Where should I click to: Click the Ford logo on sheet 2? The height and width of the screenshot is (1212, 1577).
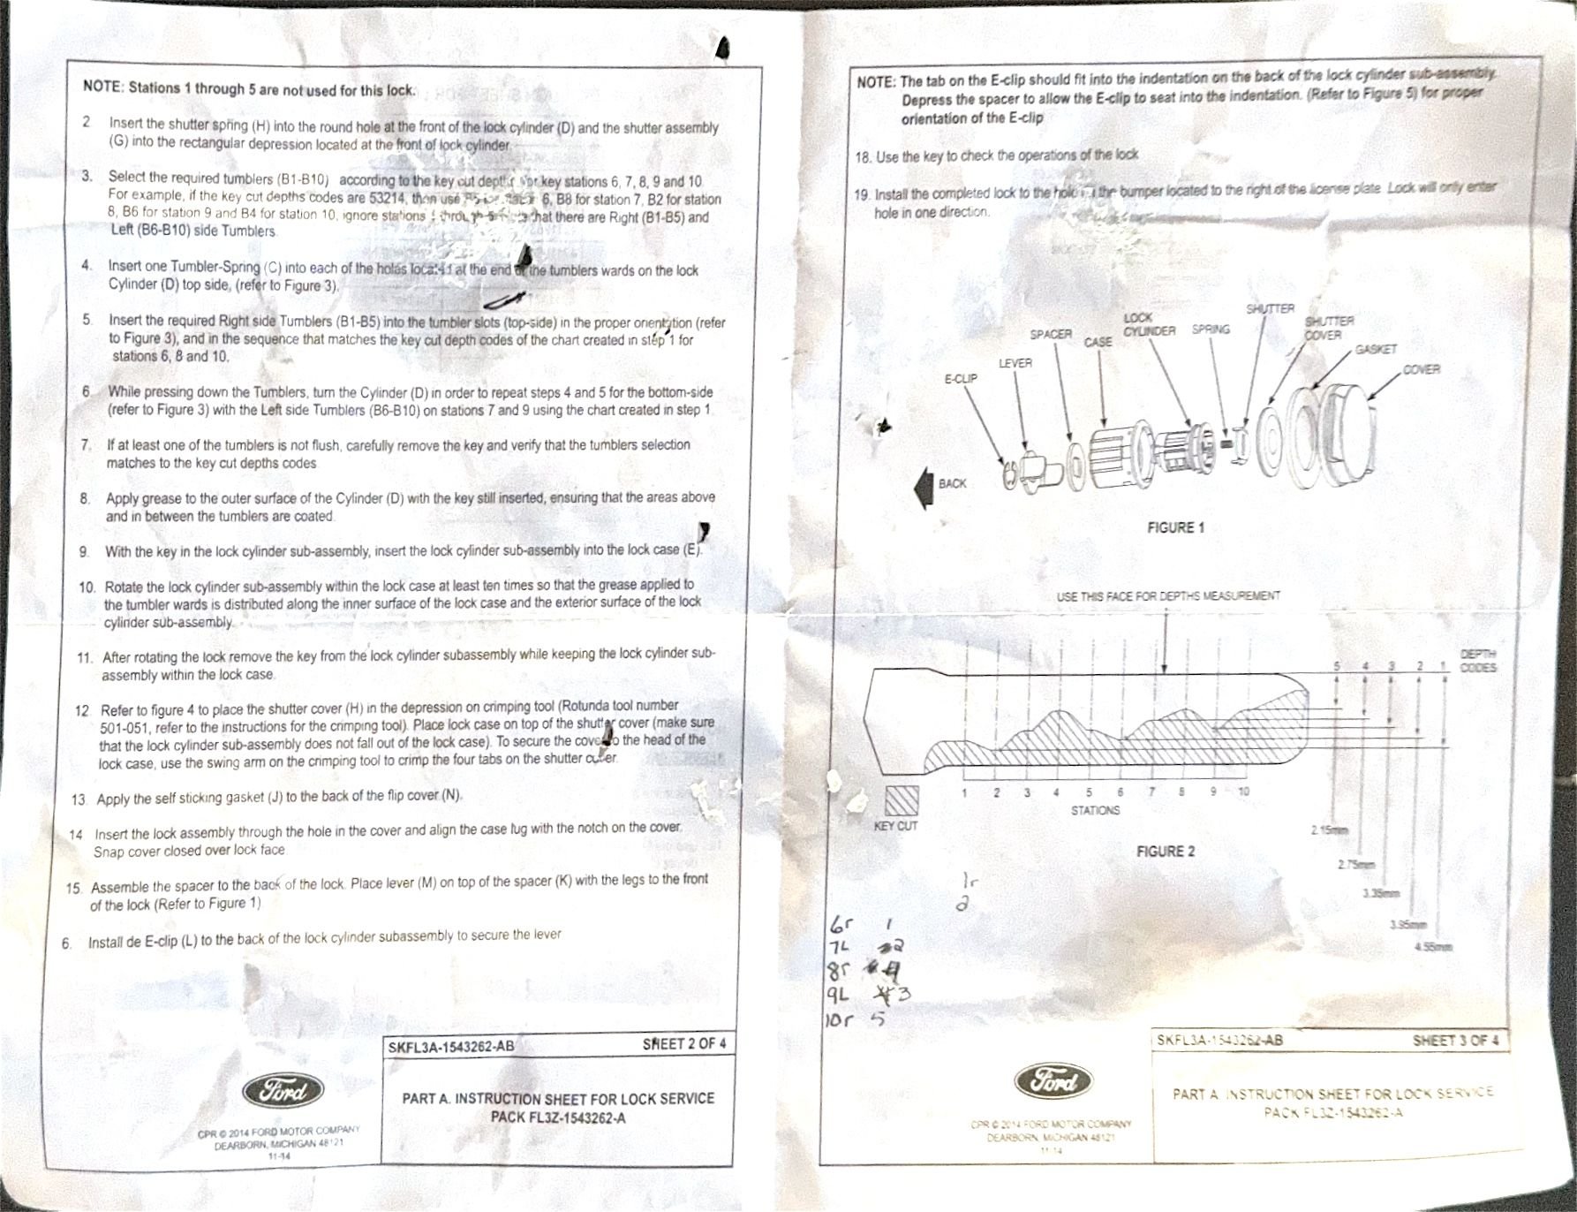click(x=283, y=1092)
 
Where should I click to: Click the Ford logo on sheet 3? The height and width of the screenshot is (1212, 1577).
click(x=1053, y=1081)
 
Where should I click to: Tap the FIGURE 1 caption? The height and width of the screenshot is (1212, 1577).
click(x=1175, y=527)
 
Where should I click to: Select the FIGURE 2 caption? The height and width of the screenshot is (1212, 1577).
click(x=1165, y=852)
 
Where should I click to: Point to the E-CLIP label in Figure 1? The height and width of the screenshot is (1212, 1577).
click(x=961, y=379)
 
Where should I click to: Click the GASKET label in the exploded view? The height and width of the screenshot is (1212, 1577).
click(x=1376, y=350)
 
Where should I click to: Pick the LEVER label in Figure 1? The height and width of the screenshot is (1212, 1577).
click(x=1015, y=363)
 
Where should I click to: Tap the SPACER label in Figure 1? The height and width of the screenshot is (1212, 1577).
click(x=1051, y=335)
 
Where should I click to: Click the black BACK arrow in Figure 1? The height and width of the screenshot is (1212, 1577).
click(x=924, y=486)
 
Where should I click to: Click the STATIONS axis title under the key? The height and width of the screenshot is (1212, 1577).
click(x=1095, y=810)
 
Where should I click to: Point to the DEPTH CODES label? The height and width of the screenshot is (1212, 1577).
click(x=1477, y=661)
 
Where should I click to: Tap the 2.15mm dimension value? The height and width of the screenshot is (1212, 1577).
click(x=1330, y=830)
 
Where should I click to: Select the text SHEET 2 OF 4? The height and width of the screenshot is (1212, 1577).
click(x=684, y=1044)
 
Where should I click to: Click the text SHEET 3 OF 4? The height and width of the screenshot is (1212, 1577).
click(x=1455, y=1041)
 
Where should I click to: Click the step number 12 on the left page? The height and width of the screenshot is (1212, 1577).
click(x=83, y=710)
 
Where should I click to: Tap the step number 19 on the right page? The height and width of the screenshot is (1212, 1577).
click(x=862, y=194)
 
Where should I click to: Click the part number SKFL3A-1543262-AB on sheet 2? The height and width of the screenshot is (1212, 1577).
click(x=450, y=1047)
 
